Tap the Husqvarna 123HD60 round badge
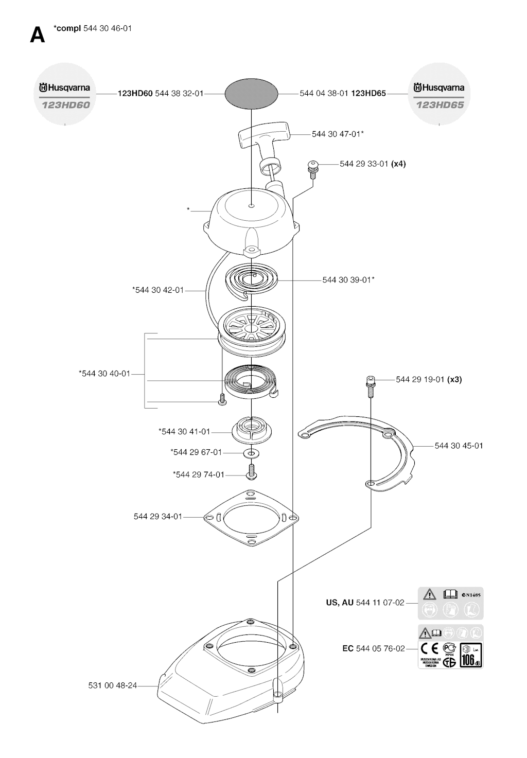tap(64, 94)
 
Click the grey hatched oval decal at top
tap(252, 94)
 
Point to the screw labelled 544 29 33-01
tap(312, 166)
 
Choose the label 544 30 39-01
tap(348, 280)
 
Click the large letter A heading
tap(37, 35)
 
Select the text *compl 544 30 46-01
tap(93, 28)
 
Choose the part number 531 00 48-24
tap(113, 685)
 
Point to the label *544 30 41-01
tap(184, 432)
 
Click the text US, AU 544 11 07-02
tap(365, 603)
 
